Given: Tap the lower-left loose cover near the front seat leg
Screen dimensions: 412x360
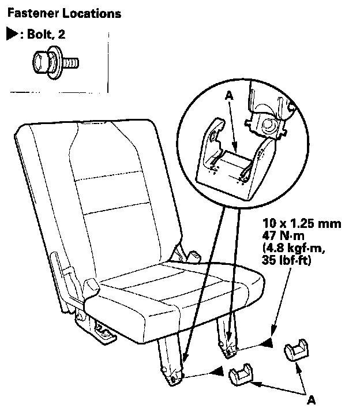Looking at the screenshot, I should pyautogui.click(x=243, y=374).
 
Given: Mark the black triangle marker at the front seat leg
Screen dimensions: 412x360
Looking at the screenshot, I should pyautogui.click(x=216, y=373).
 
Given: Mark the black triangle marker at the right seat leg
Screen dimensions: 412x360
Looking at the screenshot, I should pyautogui.click(x=267, y=344).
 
